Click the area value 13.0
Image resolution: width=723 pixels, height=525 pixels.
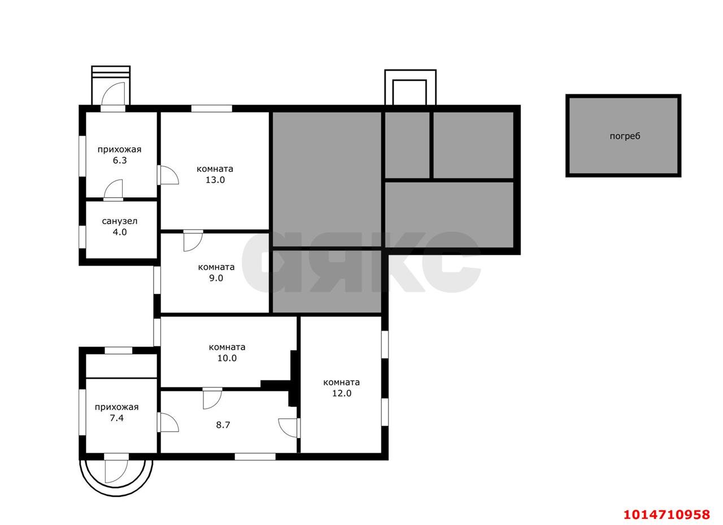(x=215, y=180)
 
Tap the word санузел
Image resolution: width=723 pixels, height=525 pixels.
(x=119, y=221)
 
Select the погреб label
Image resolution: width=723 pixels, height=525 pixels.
(x=625, y=136)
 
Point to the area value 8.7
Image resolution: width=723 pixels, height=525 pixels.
(x=223, y=425)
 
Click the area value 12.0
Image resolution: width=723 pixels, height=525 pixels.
(x=342, y=393)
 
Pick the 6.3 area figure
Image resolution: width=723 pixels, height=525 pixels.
(x=120, y=160)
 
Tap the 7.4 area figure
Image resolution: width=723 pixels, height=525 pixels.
(x=116, y=418)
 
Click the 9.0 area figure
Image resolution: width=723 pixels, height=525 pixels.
(x=216, y=278)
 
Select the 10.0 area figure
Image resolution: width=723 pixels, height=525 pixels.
(x=227, y=358)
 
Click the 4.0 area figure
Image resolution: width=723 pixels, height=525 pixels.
(x=120, y=232)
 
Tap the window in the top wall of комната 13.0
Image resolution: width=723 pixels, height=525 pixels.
(x=211, y=109)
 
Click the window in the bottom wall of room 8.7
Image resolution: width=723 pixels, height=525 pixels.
(x=255, y=457)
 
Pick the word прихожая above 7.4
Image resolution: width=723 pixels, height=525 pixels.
(x=116, y=407)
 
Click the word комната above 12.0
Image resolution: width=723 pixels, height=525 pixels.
(x=342, y=382)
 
